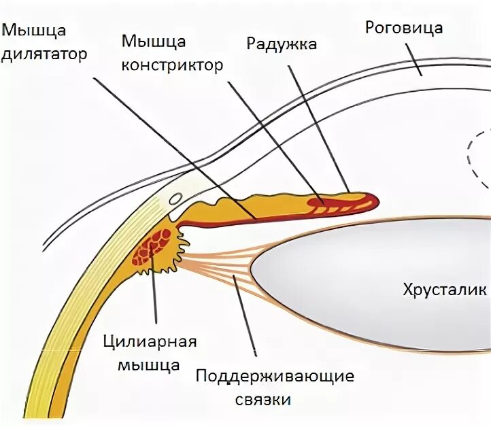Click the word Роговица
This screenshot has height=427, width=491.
click(404, 28)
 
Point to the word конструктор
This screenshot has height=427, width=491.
click(173, 65)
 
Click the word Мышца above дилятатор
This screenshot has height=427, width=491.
click(34, 30)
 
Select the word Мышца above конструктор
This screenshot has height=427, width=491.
click(154, 41)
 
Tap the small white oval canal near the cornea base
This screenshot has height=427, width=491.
click(175, 200)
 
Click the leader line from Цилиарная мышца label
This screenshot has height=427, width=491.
click(155, 292)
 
